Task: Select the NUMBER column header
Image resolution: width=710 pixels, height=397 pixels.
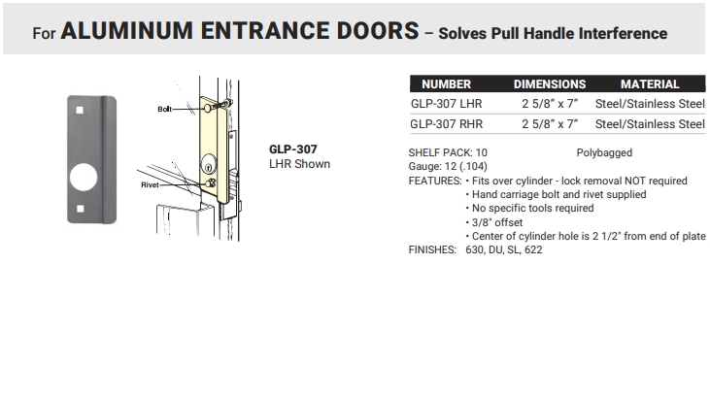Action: [x=446, y=84]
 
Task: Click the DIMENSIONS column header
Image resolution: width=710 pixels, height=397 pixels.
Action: [x=549, y=84]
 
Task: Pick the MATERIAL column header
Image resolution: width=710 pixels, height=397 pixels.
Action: [x=650, y=84]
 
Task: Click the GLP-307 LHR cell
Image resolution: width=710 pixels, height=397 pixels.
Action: [x=446, y=104]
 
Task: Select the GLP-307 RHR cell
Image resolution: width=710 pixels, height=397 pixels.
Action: [x=446, y=124]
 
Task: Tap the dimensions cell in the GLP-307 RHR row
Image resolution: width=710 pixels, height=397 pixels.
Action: [x=549, y=124]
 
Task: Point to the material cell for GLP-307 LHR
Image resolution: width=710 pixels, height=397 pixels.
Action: [x=650, y=104]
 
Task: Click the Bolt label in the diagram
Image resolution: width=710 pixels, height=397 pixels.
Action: [x=164, y=109]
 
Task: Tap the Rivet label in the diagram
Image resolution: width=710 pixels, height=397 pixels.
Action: [x=150, y=184]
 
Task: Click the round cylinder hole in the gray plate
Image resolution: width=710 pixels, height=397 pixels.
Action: [x=84, y=177]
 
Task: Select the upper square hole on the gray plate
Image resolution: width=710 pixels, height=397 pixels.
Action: [x=80, y=110]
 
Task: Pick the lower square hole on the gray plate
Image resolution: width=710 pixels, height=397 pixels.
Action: [x=81, y=209]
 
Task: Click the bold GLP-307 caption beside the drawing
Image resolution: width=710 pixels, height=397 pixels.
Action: [x=293, y=149]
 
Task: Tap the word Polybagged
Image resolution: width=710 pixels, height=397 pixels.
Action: [x=604, y=153]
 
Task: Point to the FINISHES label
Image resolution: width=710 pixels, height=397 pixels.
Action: [x=432, y=249]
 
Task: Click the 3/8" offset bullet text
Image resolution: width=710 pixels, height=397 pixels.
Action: [x=497, y=222]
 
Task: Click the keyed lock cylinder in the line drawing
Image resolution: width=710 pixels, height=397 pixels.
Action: [x=208, y=164]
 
